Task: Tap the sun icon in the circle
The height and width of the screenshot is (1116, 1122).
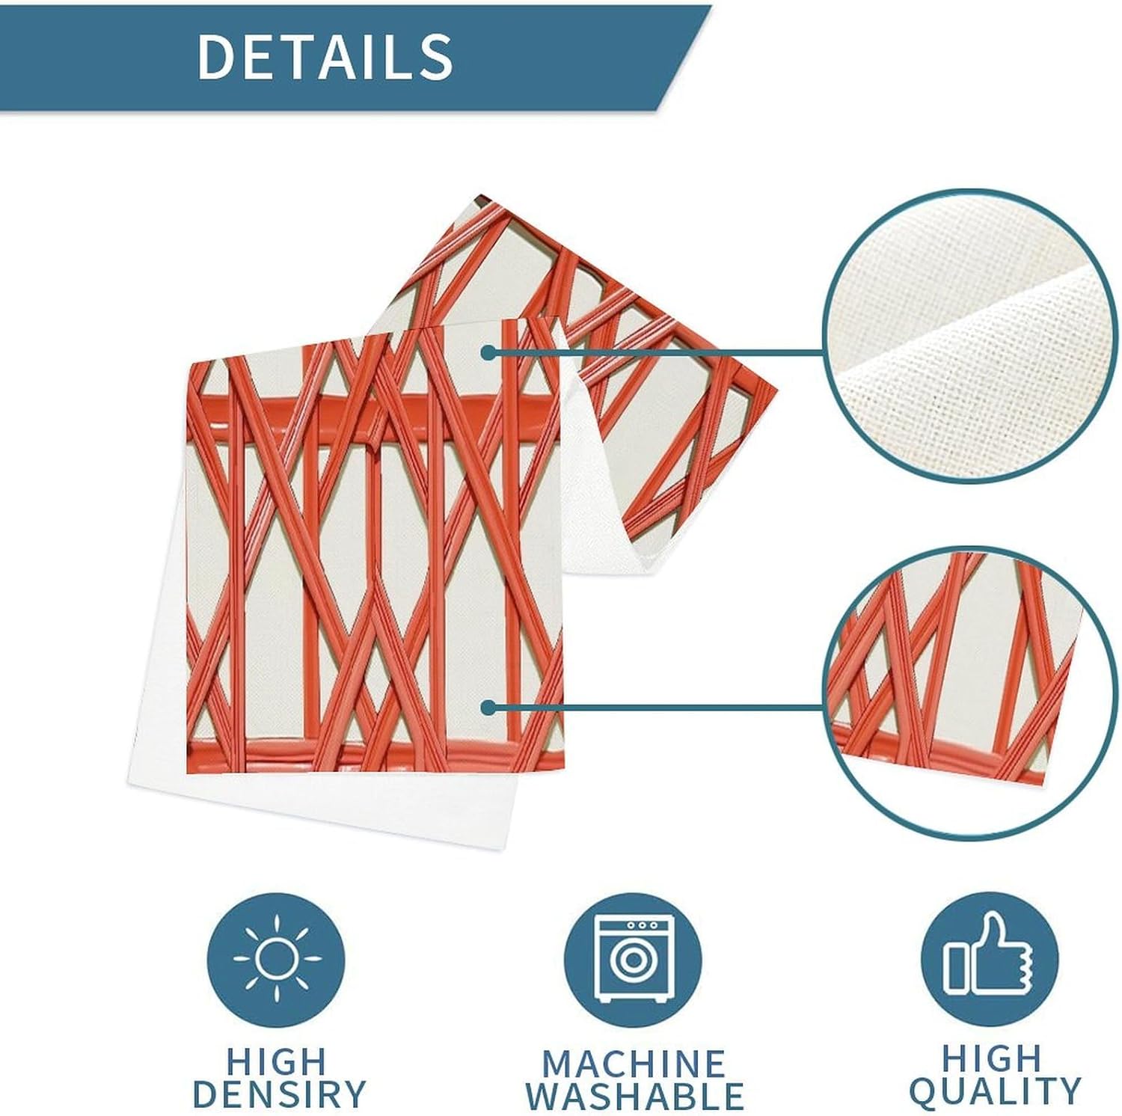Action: pyautogui.click(x=277, y=959)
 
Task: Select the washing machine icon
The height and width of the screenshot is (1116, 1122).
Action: pyautogui.click(x=632, y=959)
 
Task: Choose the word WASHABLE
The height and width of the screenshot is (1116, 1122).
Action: pyautogui.click(x=634, y=1096)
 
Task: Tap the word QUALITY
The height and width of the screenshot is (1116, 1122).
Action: pyautogui.click(x=995, y=1091)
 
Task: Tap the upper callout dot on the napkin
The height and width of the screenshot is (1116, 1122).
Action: pyautogui.click(x=488, y=352)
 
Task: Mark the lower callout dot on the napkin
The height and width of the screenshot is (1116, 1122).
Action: pyautogui.click(x=488, y=707)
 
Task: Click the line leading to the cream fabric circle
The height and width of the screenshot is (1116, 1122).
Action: pyautogui.click(x=658, y=352)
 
